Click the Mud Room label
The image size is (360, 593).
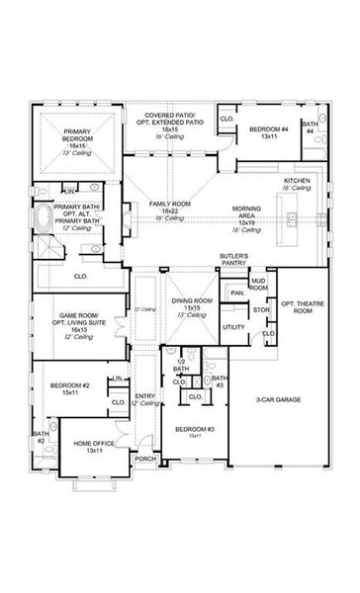pos(257,285)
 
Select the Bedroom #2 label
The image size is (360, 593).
pos(67,387)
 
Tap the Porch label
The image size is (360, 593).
pos(145,459)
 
